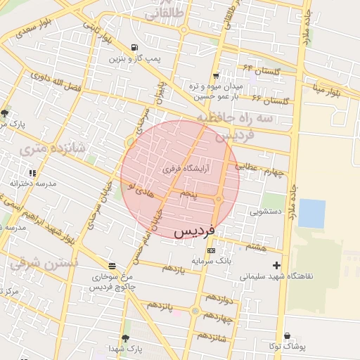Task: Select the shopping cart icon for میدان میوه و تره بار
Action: [215, 75]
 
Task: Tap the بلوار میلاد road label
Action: [328, 91]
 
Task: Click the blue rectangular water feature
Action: [311, 214]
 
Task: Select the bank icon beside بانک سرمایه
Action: [211, 251]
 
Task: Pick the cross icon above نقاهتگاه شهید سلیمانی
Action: [276, 266]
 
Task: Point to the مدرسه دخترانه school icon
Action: [32, 172]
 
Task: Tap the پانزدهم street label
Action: [160, 306]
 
